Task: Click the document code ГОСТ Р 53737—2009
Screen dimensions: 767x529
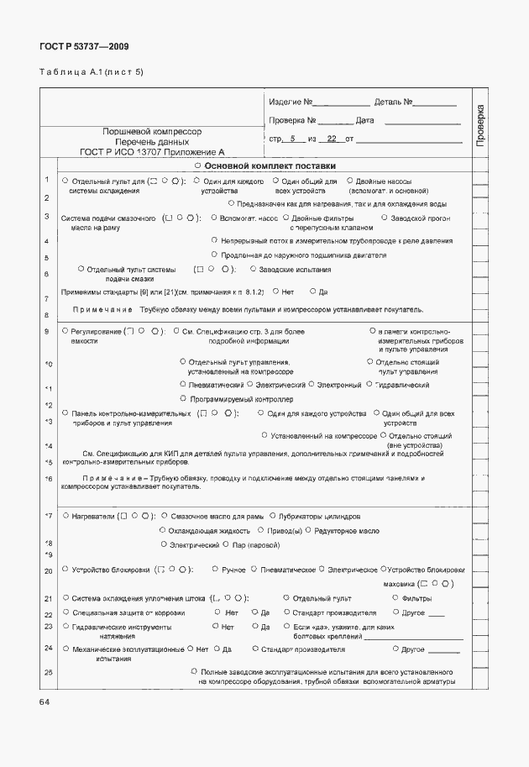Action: (84, 47)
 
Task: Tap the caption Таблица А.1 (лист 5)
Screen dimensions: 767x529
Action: (92, 72)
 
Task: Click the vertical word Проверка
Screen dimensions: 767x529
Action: (480, 127)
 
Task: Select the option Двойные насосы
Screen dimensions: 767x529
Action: (383, 181)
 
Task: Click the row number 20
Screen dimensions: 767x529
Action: (47, 570)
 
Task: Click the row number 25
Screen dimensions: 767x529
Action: (48, 673)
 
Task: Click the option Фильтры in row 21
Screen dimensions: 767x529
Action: (416, 598)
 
